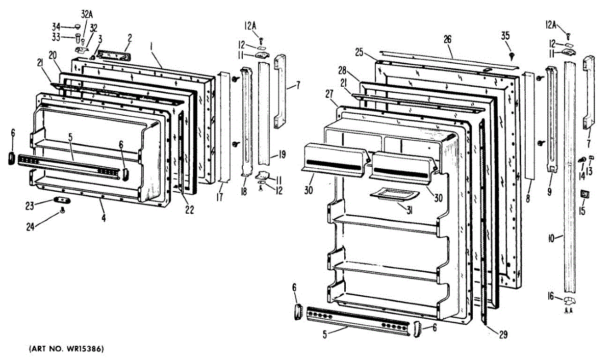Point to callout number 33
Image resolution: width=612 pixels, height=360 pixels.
[56, 37]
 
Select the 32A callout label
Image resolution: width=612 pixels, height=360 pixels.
[86, 15]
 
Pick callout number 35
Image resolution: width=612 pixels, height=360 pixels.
[505, 36]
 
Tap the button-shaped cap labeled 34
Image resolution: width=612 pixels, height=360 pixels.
[78, 25]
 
